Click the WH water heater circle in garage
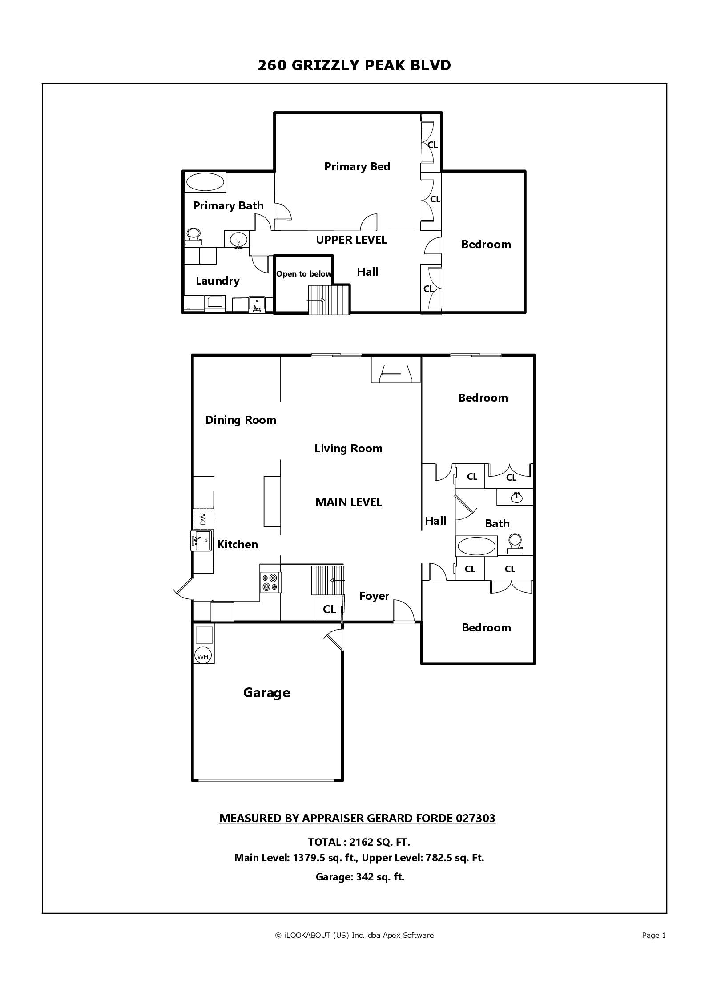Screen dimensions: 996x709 203,656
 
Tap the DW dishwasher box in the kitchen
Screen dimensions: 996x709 203,518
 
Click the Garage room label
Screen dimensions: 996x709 266,693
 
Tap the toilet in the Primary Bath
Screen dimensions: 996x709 193,236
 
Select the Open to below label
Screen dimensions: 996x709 304,274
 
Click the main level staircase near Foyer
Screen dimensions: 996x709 328,580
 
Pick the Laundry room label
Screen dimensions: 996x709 218,281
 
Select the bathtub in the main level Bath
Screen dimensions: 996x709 476,546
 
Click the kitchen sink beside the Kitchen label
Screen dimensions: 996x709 201,541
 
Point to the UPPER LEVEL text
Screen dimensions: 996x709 351,240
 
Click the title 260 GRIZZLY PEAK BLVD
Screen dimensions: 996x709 354,65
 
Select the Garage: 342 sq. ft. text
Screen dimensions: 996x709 360,877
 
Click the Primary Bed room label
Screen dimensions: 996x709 357,167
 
